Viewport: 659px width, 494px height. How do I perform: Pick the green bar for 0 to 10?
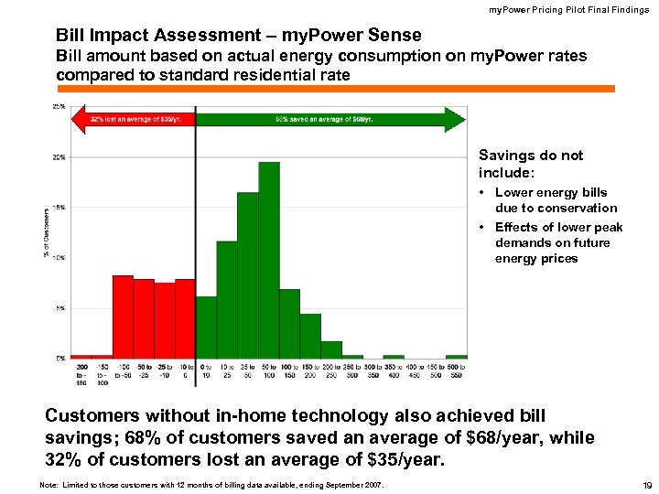(207, 327)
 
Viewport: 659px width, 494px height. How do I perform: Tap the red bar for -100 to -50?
(123, 317)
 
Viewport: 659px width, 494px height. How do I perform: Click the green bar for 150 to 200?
(310, 336)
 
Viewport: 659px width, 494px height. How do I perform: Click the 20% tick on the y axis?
(58, 157)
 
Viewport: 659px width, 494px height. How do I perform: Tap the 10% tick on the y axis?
(58, 258)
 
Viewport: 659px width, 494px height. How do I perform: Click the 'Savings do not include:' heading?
(530, 164)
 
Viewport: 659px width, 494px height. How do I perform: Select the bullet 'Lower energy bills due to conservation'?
(555, 200)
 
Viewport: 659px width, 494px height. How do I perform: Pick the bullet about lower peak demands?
(557, 242)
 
